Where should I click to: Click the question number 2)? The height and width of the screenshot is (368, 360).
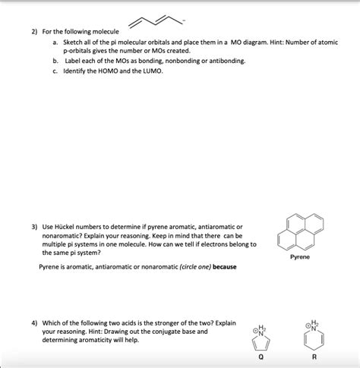[35, 31]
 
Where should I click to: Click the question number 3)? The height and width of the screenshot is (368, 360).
[35, 227]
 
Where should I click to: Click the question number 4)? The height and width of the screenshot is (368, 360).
[35, 322]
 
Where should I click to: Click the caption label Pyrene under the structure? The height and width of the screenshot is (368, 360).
[299, 257]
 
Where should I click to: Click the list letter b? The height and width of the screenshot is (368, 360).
[55, 59]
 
